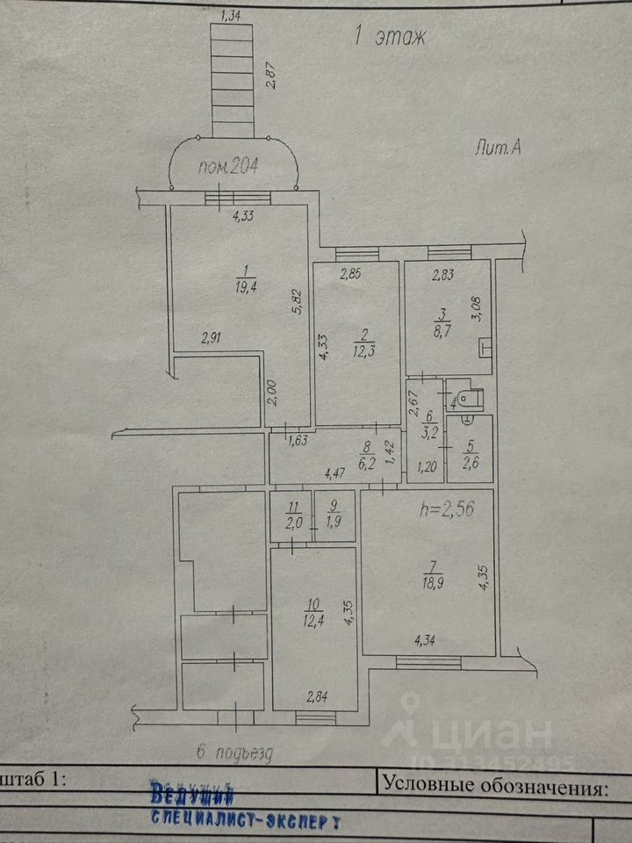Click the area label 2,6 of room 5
[470, 462]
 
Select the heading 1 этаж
[390, 37]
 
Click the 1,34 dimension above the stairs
[232, 14]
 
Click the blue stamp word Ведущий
[191, 796]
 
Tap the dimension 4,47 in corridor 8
[335, 475]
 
